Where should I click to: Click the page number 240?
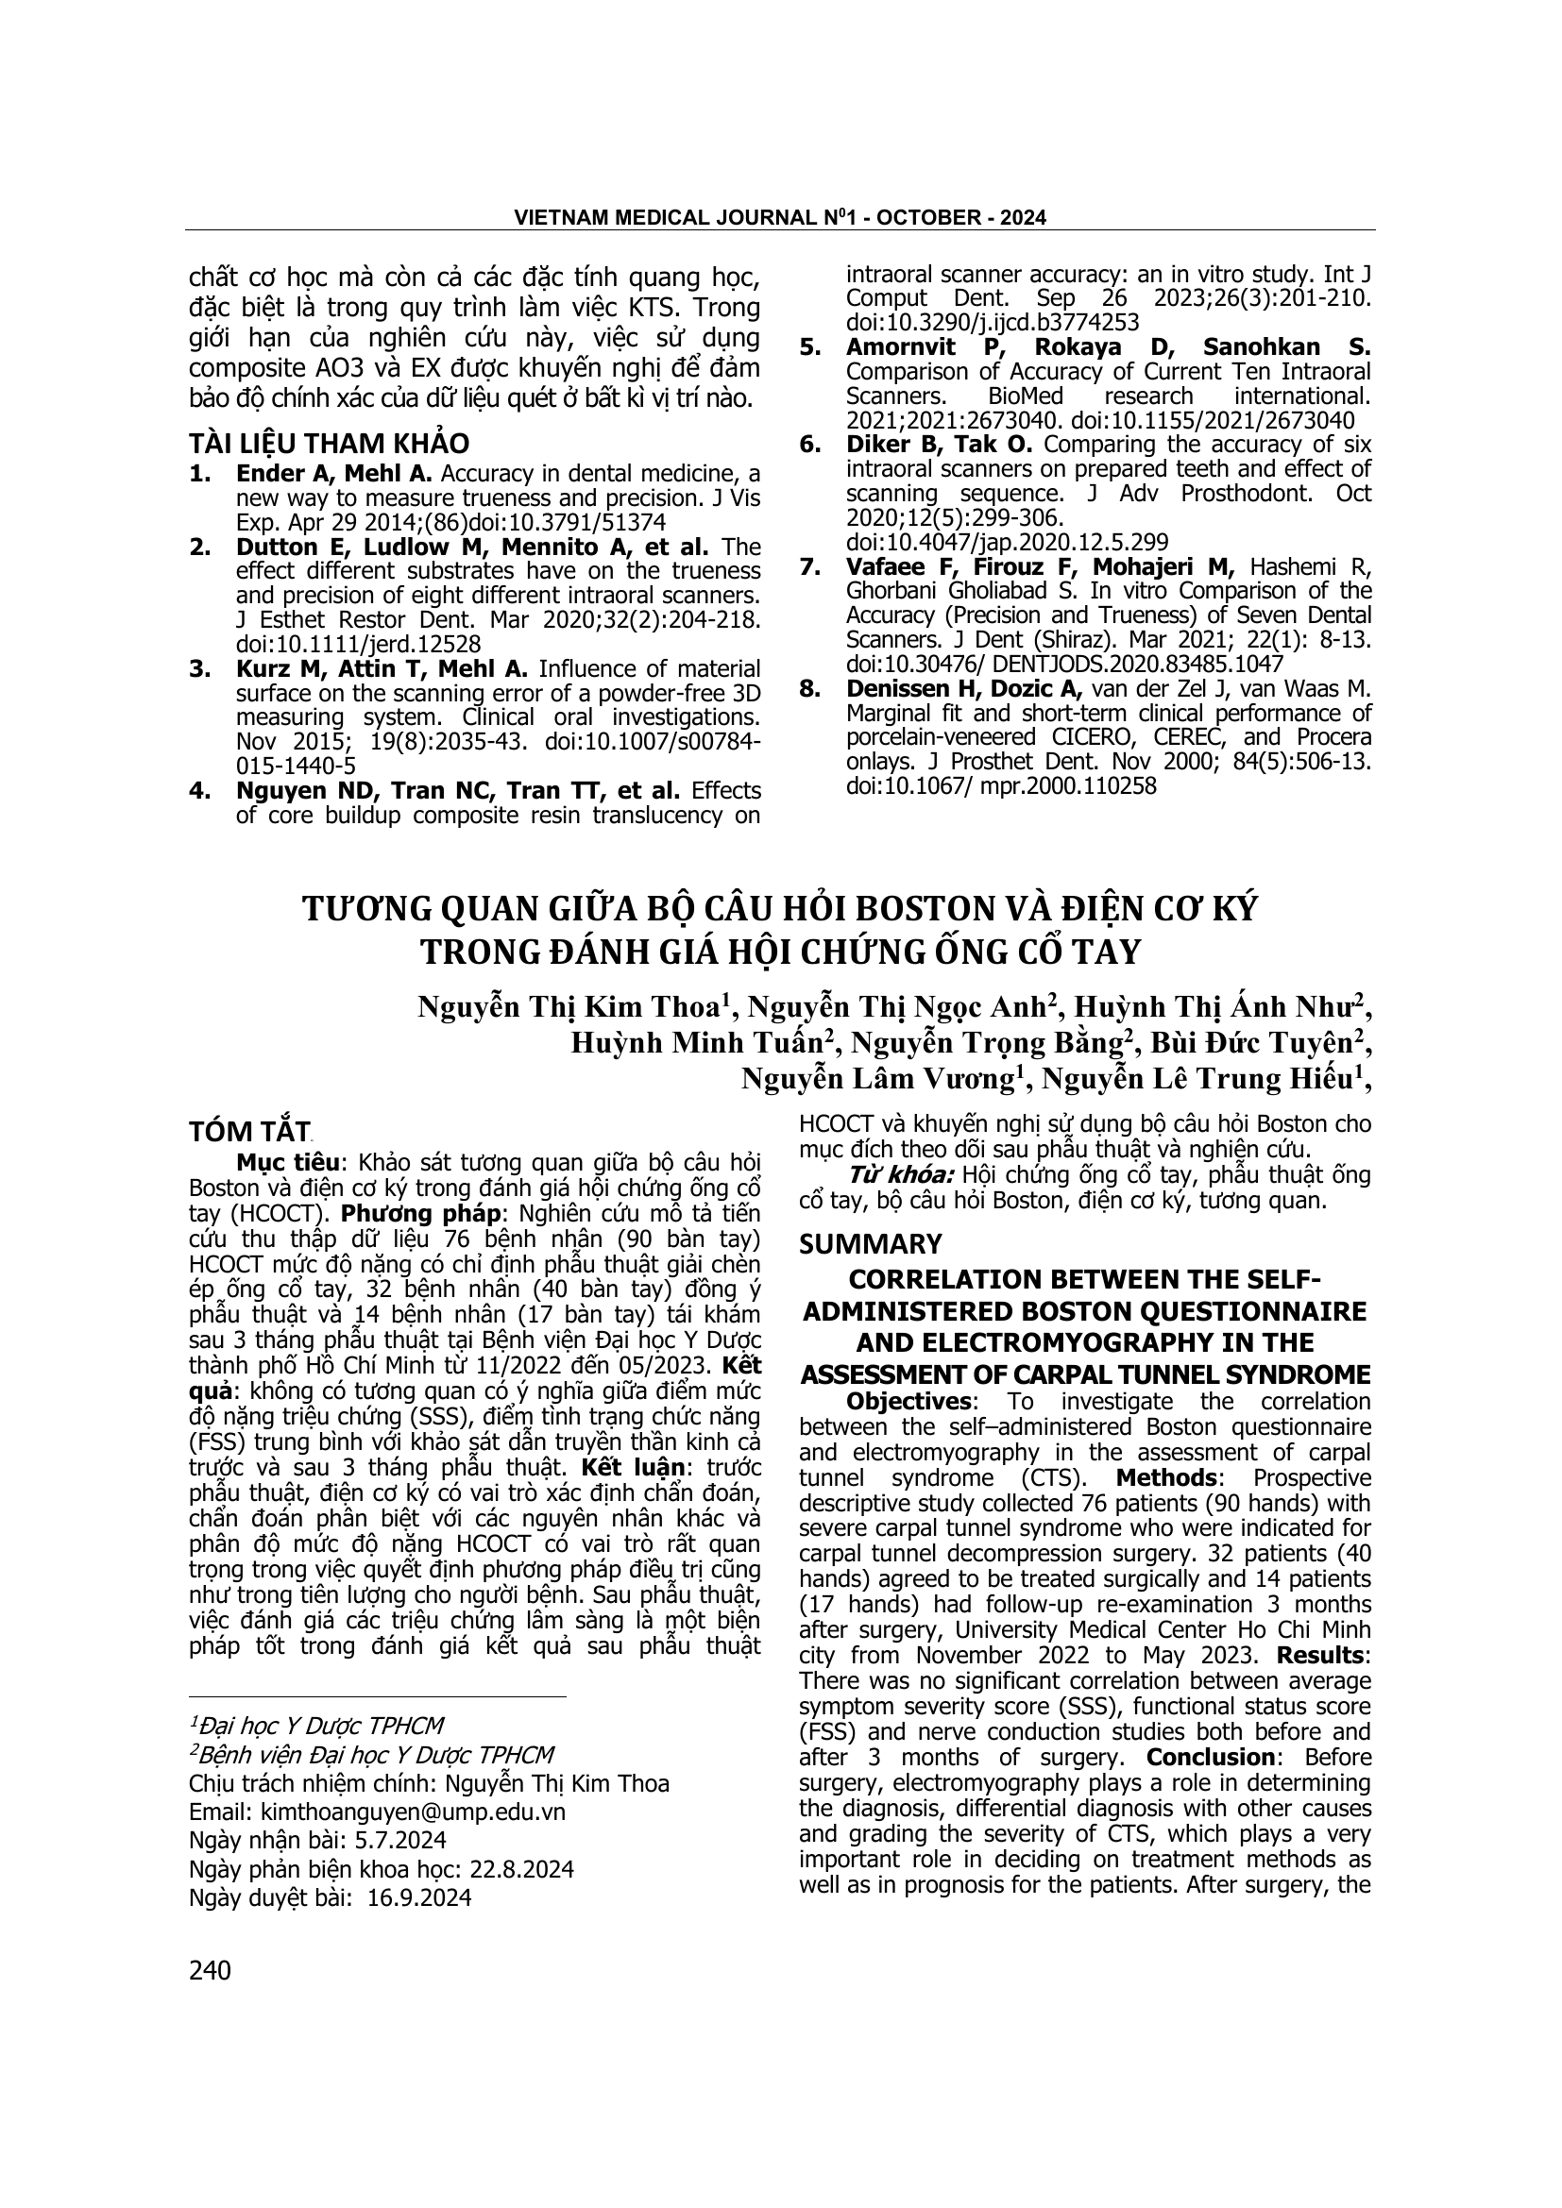tap(211, 1970)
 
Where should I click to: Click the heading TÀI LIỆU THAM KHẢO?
tap(329, 444)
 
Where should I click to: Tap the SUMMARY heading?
tap(871, 1243)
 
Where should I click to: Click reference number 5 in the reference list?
tap(810, 347)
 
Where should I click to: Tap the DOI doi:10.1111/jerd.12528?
tap(359, 645)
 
